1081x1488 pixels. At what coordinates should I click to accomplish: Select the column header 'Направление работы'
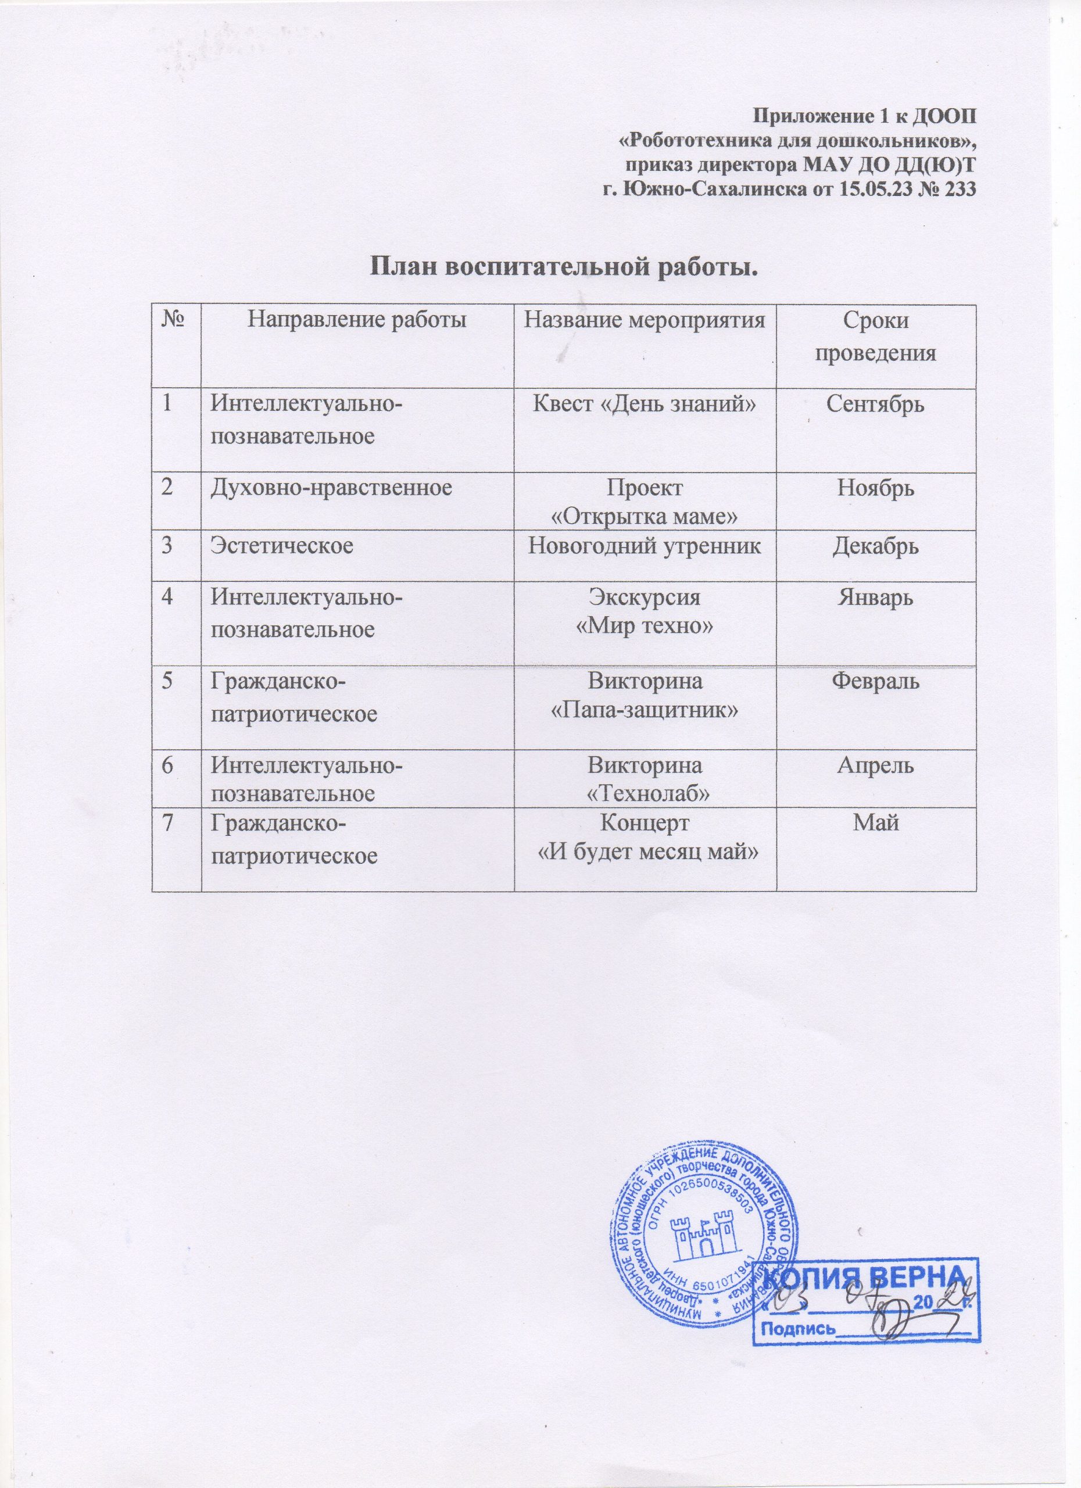pos(357,321)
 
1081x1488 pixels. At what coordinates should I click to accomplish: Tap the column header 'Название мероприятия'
pos(646,321)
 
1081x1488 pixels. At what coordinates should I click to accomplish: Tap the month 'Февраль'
pos(875,682)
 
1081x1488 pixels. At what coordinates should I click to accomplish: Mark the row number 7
pos(170,822)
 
